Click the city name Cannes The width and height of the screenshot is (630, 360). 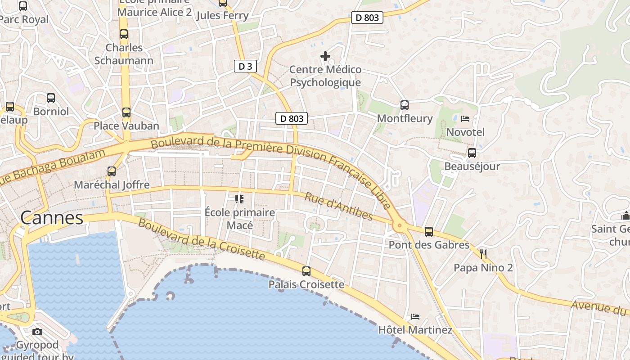pyautogui.click(x=52, y=218)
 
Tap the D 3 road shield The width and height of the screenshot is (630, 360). pyautogui.click(x=245, y=67)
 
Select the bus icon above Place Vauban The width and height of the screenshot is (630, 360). pyautogui.click(x=126, y=112)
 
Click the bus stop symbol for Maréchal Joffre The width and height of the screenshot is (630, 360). pyautogui.click(x=112, y=171)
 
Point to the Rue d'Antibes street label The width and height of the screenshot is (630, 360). pyautogui.click(x=339, y=207)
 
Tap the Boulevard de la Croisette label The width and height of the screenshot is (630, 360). pyautogui.click(x=201, y=239)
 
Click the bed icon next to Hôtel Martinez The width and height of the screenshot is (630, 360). pyautogui.click(x=415, y=317)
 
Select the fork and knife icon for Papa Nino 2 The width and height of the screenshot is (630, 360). pyautogui.click(x=483, y=254)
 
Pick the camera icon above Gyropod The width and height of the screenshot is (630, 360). pyautogui.click(x=37, y=332)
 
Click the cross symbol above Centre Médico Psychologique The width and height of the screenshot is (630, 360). pyautogui.click(x=325, y=56)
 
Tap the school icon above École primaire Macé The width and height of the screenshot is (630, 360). pyautogui.click(x=239, y=199)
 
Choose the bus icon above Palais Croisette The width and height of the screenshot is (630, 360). pyautogui.click(x=306, y=271)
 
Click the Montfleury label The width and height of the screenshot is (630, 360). pyautogui.click(x=405, y=118)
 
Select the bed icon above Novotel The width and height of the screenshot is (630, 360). pyautogui.click(x=465, y=119)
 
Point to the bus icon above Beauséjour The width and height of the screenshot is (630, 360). pyautogui.click(x=472, y=153)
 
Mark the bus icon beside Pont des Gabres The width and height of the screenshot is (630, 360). pyautogui.click(x=429, y=232)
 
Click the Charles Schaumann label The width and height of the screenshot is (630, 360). pyautogui.click(x=124, y=54)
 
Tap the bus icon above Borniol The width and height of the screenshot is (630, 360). pyautogui.click(x=51, y=98)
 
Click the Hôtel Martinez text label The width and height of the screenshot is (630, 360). pyautogui.click(x=415, y=330)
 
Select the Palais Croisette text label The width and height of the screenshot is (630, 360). pyautogui.click(x=306, y=284)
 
